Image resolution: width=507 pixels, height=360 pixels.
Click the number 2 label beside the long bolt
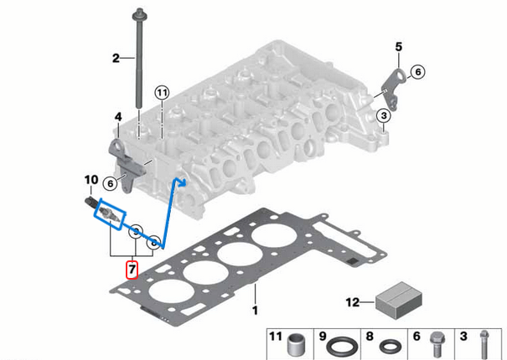pos(117,58)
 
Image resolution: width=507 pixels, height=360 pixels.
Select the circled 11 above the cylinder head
pos(162,92)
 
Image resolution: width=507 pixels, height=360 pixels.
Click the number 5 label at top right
pos(399,45)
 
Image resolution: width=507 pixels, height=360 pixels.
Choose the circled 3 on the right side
pos(383,116)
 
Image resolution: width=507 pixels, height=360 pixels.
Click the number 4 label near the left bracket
pos(118,116)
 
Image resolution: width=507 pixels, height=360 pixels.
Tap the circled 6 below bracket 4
pos(109,183)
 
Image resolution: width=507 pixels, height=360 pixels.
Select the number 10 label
pos(91,179)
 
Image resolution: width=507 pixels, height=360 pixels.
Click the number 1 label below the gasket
pos(255,311)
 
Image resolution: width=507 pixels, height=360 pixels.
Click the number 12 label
pos(353,301)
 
